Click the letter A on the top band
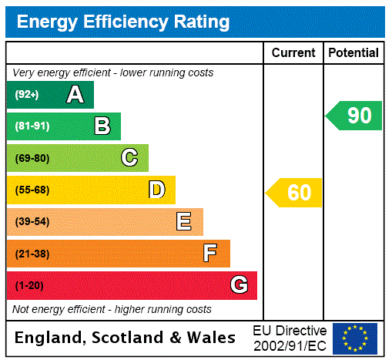75,95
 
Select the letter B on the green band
102,126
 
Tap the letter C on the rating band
129,158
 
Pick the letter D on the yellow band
157,190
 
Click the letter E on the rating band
184,222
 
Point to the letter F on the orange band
210,253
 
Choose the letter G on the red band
239,285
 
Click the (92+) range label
27,95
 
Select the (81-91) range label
32,126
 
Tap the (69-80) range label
32,158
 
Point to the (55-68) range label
32,190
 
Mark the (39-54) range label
32,222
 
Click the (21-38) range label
32,254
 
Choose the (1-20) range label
29,286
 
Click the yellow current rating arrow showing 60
295,192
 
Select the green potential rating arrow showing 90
355,116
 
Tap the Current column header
293,53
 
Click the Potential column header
353,53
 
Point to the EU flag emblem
355,338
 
